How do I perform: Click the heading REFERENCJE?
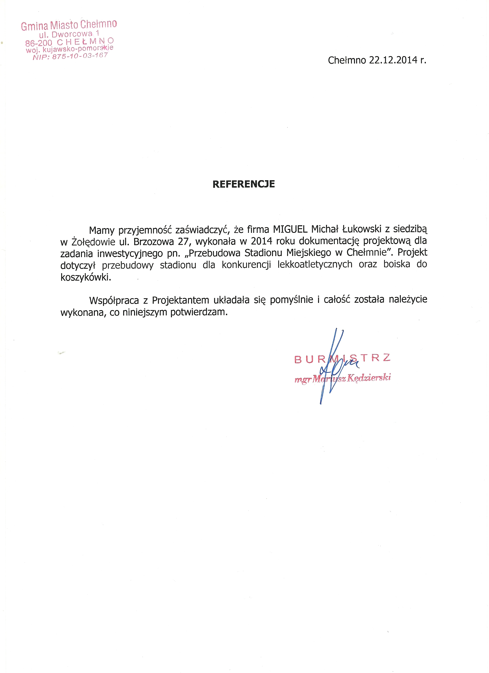tap(243, 184)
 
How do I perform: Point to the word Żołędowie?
tap(93, 242)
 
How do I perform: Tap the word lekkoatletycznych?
tap(315, 264)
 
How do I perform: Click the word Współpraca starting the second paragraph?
tap(114, 301)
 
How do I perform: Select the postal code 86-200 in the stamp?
tap(39, 43)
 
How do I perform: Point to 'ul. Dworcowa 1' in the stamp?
tap(69, 34)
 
